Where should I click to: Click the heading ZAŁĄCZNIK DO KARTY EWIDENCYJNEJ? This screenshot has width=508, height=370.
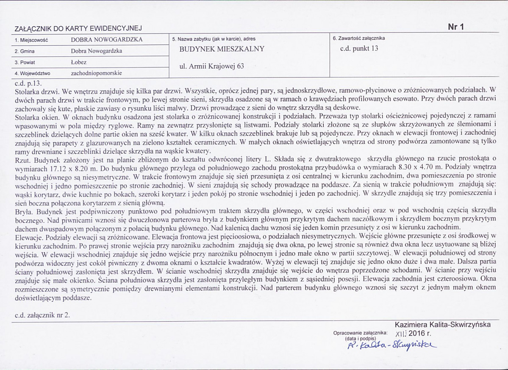[78, 28]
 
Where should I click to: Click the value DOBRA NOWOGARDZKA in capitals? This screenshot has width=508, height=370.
[107, 39]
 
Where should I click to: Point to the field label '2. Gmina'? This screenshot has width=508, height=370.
[25, 51]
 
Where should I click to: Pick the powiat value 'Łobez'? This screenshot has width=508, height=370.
[78, 62]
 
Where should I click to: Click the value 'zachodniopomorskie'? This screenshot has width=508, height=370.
[97, 73]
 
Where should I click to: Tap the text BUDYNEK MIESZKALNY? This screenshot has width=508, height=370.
[222, 49]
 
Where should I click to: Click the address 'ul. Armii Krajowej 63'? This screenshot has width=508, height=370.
[212, 66]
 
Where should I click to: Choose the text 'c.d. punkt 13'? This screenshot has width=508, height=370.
[359, 48]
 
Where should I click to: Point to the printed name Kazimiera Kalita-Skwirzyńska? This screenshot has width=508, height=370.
[443, 325]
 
